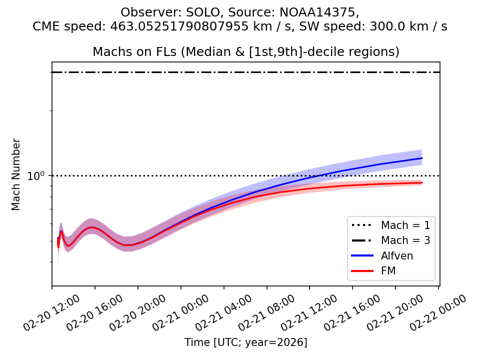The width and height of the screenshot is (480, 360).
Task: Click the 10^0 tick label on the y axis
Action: (x=36, y=176)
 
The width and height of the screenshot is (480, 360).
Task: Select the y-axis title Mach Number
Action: (x=16, y=174)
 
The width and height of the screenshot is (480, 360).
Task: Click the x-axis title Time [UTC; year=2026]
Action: (x=245, y=342)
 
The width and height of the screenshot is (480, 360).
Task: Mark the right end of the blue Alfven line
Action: (x=422, y=158)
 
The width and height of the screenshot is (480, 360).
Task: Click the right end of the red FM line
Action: (x=422, y=182)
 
